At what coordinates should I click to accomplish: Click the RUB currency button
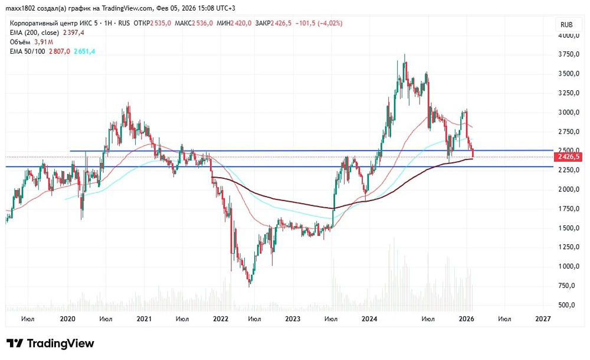point(567,24)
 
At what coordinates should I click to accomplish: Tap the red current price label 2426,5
point(569,157)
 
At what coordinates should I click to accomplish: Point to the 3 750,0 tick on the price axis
point(569,54)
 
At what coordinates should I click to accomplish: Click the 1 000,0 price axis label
point(569,266)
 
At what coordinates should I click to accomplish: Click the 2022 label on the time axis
point(220,319)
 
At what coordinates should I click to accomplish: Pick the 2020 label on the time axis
point(68,319)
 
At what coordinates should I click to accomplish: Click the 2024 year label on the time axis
point(370,319)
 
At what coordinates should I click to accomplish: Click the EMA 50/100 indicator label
point(28,51)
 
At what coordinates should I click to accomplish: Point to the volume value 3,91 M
point(44,42)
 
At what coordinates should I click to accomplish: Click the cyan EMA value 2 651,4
point(84,51)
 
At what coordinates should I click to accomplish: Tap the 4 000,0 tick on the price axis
point(569,35)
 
